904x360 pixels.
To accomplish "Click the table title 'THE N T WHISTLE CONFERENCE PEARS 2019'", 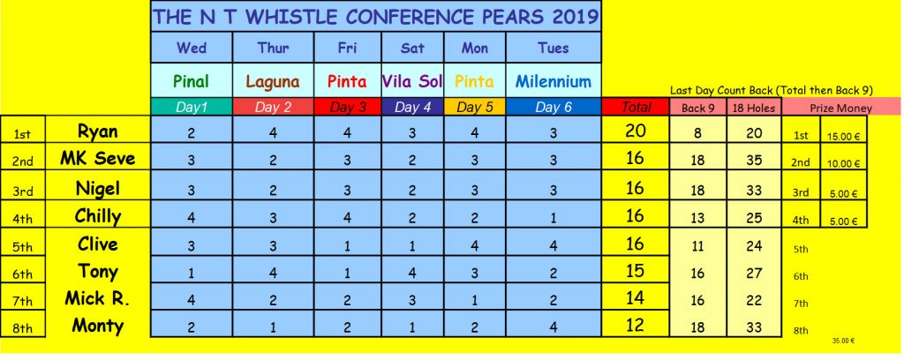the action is click(x=375, y=17).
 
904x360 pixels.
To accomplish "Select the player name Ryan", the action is click(x=97, y=131).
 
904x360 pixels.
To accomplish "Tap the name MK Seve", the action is click(x=97, y=159).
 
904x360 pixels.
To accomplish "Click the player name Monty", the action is click(x=97, y=326).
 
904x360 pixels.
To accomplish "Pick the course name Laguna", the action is click(x=273, y=82).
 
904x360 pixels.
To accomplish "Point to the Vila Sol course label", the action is click(x=412, y=81).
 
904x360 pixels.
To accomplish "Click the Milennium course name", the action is click(x=554, y=81).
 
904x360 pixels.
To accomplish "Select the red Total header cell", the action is click(x=636, y=107).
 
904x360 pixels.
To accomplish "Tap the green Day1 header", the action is click(x=191, y=107).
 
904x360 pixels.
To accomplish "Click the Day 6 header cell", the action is click(x=554, y=107).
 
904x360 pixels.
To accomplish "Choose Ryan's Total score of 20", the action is click(x=635, y=131).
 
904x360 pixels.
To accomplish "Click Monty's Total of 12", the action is click(x=635, y=326).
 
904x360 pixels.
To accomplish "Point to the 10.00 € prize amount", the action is click(x=843, y=163).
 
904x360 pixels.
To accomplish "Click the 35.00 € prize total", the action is click(x=842, y=341).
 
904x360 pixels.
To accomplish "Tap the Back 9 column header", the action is click(x=697, y=108).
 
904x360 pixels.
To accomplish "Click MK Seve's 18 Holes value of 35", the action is click(x=754, y=160).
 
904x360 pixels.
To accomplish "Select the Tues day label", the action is click(x=554, y=48).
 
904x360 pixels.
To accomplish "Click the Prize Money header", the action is click(x=841, y=108).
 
